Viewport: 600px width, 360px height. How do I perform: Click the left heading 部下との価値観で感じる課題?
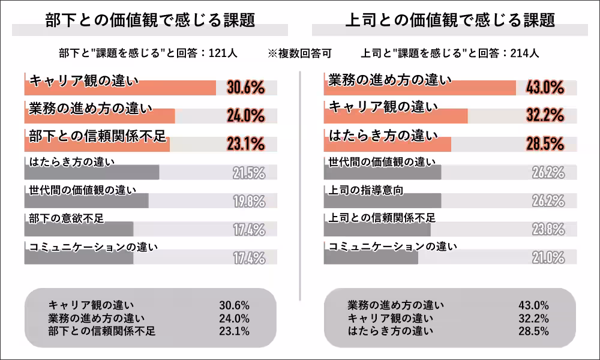(150, 20)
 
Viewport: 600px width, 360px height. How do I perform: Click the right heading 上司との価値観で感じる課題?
(450, 20)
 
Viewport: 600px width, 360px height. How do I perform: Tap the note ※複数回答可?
(299, 53)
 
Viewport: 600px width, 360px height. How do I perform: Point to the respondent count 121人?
(223, 53)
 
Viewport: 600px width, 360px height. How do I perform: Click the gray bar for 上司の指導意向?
(382, 201)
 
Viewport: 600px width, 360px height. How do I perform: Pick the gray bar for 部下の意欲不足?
(79, 229)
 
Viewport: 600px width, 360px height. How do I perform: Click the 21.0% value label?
(548, 258)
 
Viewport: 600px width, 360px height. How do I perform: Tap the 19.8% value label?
(248, 202)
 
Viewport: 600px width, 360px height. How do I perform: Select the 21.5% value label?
(248, 173)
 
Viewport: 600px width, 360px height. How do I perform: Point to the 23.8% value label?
(548, 229)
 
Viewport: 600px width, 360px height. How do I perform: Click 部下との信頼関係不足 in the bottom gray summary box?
(102, 331)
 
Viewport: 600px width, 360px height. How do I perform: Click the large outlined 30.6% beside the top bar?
(246, 88)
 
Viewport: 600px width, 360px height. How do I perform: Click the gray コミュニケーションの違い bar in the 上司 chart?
(371, 257)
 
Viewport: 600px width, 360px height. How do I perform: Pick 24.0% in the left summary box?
(235, 318)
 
